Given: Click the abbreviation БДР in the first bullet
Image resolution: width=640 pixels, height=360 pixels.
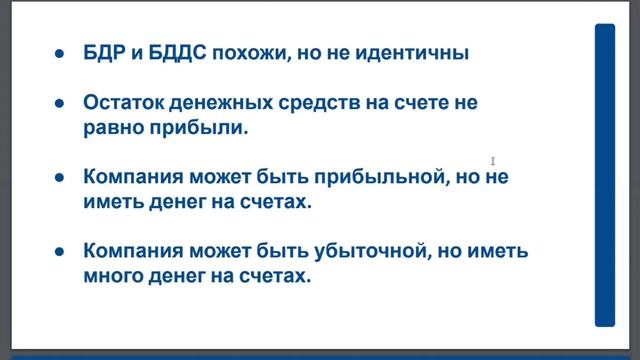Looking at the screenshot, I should tap(105, 52).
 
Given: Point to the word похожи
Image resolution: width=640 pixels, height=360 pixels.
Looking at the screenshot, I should tap(250, 52).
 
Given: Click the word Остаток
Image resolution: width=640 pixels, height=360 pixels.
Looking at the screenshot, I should tap(126, 103).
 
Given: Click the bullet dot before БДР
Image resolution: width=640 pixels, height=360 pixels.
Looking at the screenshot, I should tap(61, 53).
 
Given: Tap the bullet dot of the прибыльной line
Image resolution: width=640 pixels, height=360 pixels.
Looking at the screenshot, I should tap(61, 178).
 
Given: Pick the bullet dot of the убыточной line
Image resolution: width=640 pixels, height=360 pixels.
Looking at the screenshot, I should tap(61, 251).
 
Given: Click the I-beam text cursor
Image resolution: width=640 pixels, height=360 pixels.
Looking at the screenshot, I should tap(493, 161).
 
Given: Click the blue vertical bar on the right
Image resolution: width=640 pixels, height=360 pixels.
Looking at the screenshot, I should tap(605, 175).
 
